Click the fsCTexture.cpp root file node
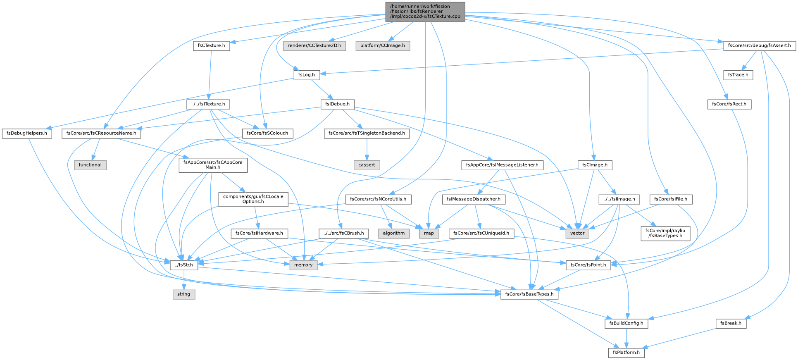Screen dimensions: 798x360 pyautogui.click(x=425, y=12)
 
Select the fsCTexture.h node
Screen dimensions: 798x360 pyautogui.click(x=212, y=45)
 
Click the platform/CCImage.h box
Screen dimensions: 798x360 pyautogui.click(x=383, y=45)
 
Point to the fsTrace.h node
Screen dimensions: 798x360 pyautogui.click(x=738, y=75)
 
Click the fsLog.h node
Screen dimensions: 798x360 pyautogui.click(x=307, y=75)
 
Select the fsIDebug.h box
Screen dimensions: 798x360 pyautogui.click(x=337, y=104)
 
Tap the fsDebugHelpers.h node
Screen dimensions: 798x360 pyautogui.click(x=27, y=134)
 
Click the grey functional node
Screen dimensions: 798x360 pyautogui.click(x=90, y=165)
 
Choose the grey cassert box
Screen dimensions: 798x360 pyautogui.click(x=367, y=165)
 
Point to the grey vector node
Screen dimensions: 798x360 pyautogui.click(x=577, y=233)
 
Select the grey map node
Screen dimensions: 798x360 pyautogui.click(x=429, y=233)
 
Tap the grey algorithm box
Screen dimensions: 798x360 pyautogui.click(x=394, y=233)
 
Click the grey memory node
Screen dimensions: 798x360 pyautogui.click(x=303, y=265)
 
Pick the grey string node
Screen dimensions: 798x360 pyautogui.click(x=184, y=294)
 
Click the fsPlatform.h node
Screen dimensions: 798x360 pyautogui.click(x=626, y=353)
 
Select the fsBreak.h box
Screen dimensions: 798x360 pyautogui.click(x=731, y=324)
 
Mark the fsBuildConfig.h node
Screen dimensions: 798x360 pyautogui.click(x=626, y=324)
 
